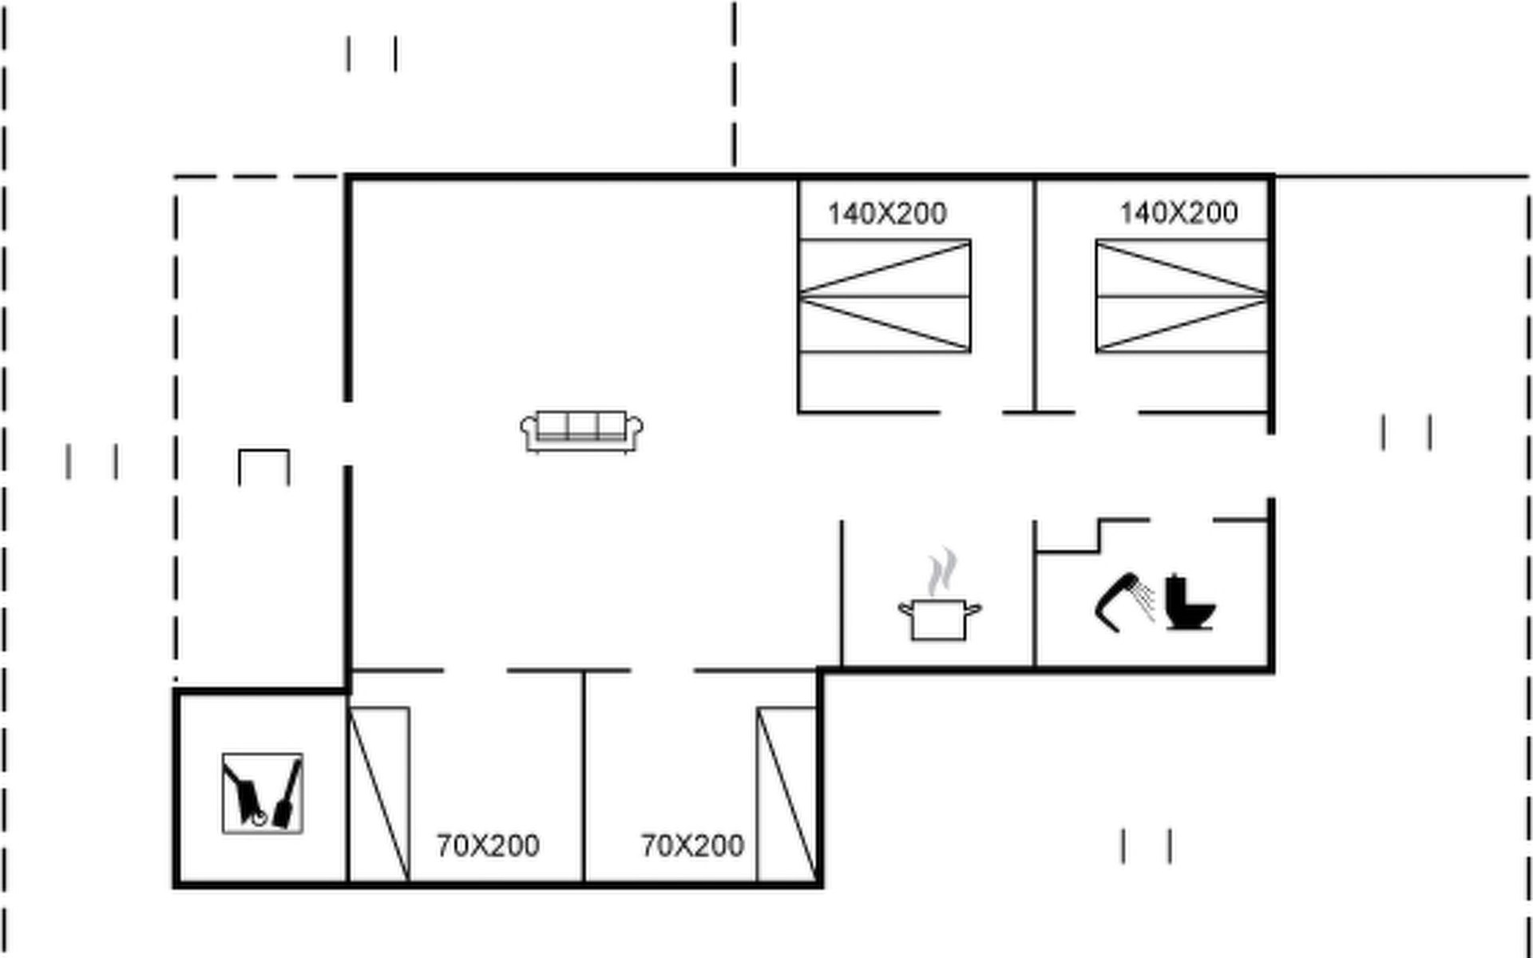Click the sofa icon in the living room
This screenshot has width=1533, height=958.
(x=581, y=432)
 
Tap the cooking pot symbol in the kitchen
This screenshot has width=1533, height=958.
(x=940, y=619)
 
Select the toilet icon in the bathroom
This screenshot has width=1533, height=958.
(x=1190, y=602)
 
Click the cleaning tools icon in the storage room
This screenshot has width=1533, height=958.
(x=263, y=794)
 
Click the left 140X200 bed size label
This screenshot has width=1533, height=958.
(x=887, y=214)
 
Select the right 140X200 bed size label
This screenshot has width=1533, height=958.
(x=1178, y=213)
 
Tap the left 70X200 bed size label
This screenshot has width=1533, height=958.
(x=488, y=845)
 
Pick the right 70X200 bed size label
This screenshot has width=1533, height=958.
(x=692, y=845)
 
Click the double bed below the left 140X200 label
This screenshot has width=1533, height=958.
(x=885, y=296)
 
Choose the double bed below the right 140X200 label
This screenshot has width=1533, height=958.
(x=1182, y=296)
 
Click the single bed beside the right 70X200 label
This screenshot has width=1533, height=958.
(x=786, y=794)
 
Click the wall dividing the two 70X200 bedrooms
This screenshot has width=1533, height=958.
(x=584, y=776)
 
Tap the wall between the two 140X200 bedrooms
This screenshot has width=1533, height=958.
(x=1036, y=295)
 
